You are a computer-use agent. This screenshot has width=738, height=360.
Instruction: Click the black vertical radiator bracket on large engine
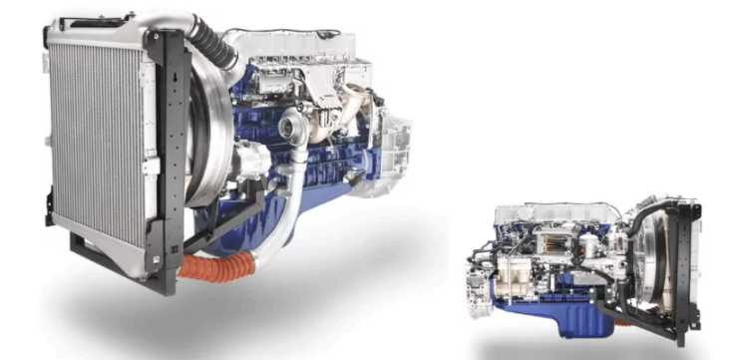coord(166,150)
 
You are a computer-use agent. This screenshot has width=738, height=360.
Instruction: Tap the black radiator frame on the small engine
coord(687,269)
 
